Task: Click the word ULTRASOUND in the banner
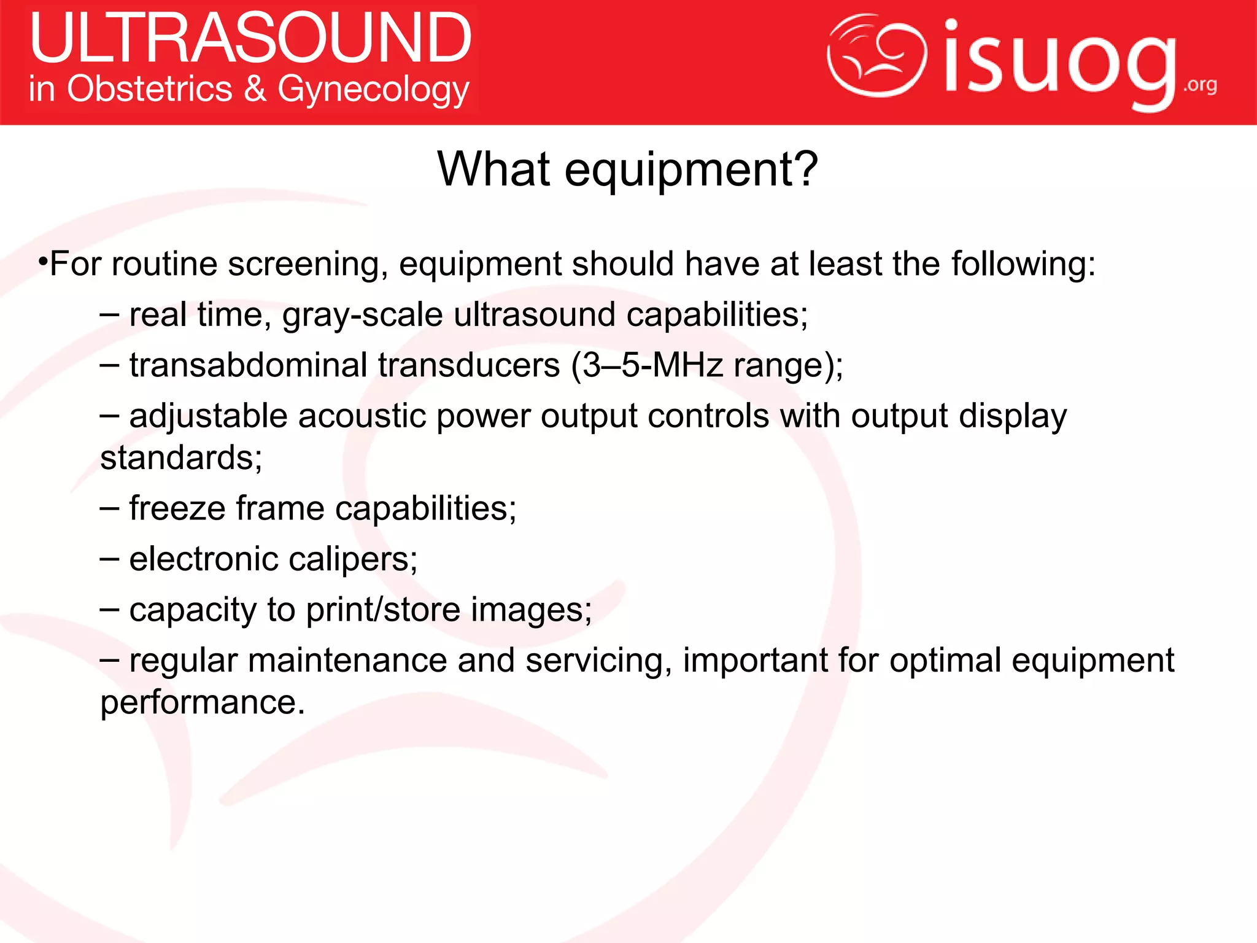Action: tap(250, 38)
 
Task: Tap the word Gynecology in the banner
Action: tap(373, 90)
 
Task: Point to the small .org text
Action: tap(1200, 85)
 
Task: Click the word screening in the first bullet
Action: tap(307, 265)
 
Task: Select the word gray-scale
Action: tap(362, 316)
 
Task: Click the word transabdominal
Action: tap(248, 365)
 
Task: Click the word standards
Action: tap(181, 458)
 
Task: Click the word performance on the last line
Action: tap(203, 702)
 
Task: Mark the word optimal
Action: tap(945, 661)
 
